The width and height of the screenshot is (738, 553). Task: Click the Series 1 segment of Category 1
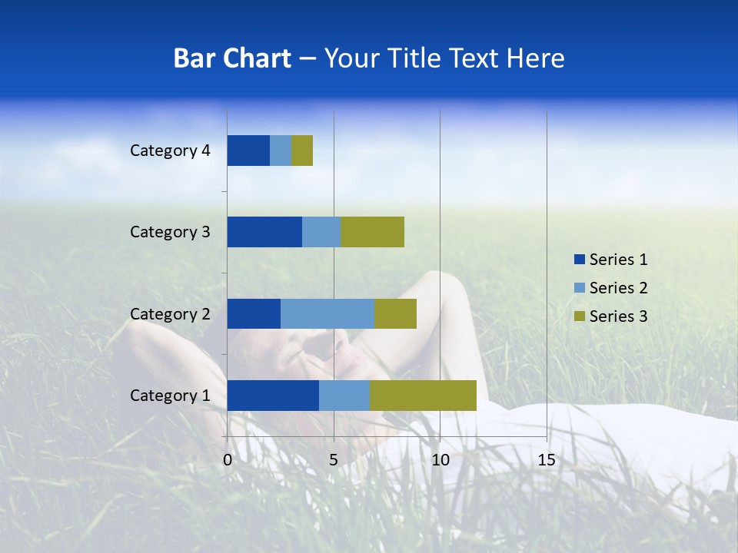[x=273, y=396]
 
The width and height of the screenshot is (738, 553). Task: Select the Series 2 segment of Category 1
[x=344, y=396]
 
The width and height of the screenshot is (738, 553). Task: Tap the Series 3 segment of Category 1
[x=423, y=396]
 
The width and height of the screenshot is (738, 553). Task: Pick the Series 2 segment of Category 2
[x=327, y=313]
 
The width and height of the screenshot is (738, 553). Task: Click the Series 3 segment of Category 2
[x=395, y=313]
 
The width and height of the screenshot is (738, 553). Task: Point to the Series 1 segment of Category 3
[x=264, y=232]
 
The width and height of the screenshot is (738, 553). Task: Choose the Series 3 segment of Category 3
[x=372, y=232]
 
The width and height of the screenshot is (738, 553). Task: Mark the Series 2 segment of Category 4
[x=281, y=151]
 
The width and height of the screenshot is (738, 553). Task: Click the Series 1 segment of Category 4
[x=248, y=151]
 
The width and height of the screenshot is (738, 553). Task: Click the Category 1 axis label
[x=170, y=396]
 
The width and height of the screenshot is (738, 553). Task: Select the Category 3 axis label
[x=170, y=232]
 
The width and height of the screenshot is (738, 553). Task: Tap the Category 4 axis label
[x=170, y=151]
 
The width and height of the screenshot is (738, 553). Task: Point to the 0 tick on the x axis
[x=228, y=460]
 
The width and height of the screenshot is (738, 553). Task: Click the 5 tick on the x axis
[x=334, y=460]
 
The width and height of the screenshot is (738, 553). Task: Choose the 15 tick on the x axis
[x=547, y=460]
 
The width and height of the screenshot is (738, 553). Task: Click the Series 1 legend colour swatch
[x=579, y=260]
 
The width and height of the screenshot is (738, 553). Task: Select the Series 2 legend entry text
[x=618, y=288]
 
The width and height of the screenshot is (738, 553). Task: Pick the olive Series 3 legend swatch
[x=579, y=316]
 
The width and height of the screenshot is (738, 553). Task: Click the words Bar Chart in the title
[x=232, y=58]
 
